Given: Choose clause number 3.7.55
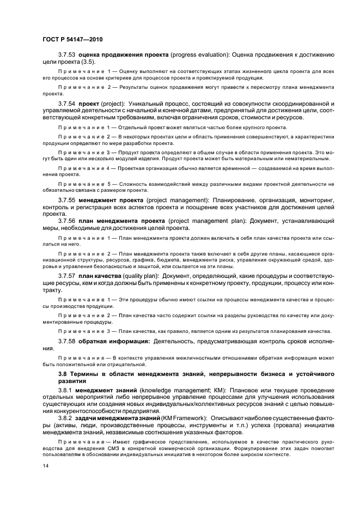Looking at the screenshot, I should (67, 201).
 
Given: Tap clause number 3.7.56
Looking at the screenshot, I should (67, 221).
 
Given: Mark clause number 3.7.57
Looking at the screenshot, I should (67, 276).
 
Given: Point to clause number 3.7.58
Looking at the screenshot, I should (67, 341).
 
